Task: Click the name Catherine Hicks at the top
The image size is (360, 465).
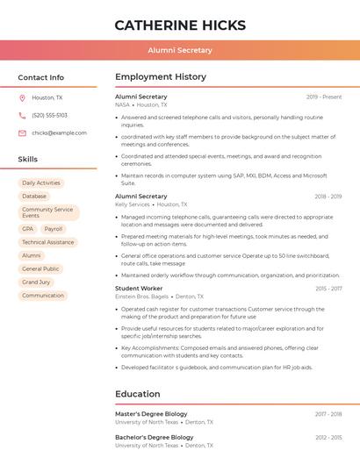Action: (179, 25)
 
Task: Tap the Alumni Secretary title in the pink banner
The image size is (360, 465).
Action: (179, 50)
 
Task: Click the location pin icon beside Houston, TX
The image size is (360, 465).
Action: (22, 98)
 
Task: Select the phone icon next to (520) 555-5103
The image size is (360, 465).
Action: (22, 116)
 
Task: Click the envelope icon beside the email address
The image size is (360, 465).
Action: (22, 133)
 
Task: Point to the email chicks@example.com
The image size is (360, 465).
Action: (59, 133)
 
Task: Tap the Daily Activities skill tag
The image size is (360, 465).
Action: (41, 183)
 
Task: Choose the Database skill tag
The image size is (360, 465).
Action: (34, 197)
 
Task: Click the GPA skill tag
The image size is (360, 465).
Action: (28, 229)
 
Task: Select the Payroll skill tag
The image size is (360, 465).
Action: (54, 229)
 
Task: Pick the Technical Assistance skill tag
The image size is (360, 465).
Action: (47, 242)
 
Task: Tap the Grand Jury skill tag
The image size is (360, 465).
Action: (36, 283)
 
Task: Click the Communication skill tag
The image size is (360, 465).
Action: (43, 296)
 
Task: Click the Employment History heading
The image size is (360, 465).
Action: (161, 77)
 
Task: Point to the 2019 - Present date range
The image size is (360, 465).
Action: (324, 97)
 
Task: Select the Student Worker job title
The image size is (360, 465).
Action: (139, 289)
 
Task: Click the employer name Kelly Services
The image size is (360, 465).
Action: (133, 204)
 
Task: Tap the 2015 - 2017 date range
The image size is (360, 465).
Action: (328, 289)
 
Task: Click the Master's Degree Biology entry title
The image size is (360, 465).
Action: (151, 414)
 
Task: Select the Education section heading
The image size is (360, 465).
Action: (137, 395)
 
